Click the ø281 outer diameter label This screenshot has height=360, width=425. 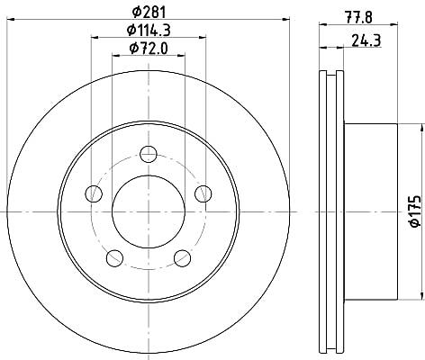(149, 12)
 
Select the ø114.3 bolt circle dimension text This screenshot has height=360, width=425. (149, 30)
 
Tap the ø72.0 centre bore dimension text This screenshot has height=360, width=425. (149, 48)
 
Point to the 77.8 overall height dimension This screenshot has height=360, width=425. (358, 18)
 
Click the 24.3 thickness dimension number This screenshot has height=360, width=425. (366, 40)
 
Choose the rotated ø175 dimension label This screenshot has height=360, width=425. (416, 211)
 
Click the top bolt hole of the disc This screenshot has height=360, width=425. (149, 154)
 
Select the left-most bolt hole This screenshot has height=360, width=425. (94, 193)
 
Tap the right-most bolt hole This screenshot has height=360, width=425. (203, 193)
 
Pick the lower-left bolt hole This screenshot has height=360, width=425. (114, 258)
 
